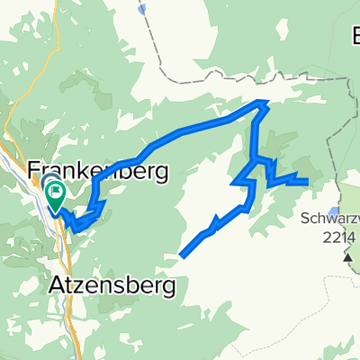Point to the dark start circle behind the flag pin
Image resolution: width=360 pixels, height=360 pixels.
(x=48, y=184)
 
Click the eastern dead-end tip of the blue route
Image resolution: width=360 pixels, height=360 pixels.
(x=309, y=182)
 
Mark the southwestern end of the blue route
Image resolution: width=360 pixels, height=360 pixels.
(x=183, y=256)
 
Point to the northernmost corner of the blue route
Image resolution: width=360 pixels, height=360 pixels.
(x=263, y=102)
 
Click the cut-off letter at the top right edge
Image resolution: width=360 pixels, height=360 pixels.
(x=354, y=38)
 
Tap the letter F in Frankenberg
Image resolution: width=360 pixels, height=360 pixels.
(x=36, y=170)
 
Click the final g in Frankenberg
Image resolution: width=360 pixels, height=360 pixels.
(x=161, y=173)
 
